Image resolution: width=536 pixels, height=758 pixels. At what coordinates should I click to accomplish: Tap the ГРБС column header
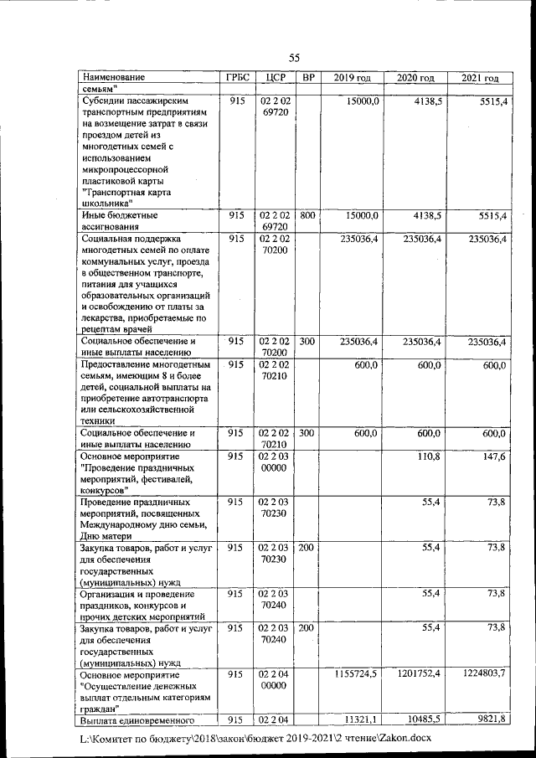[x=238, y=78]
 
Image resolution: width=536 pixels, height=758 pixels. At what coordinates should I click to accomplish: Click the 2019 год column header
[x=352, y=78]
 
